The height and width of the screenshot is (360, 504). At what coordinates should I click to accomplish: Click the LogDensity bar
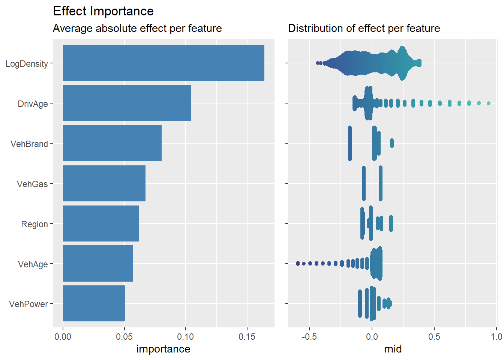163,63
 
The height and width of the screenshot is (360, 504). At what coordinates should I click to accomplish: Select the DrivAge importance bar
127,103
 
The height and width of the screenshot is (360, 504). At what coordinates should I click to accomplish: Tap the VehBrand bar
112,143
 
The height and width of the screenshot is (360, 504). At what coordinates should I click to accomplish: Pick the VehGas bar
104,183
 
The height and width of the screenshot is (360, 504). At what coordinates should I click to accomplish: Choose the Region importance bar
100,223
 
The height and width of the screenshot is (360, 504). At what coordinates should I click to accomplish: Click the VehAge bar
98,264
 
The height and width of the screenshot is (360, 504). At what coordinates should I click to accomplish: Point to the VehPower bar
94,304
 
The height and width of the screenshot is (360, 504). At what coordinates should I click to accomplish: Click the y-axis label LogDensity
27,64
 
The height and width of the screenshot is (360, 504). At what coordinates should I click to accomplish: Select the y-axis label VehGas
32,184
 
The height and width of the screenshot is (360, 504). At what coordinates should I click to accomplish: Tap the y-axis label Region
34,224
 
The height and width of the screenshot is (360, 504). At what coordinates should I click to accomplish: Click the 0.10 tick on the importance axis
185,336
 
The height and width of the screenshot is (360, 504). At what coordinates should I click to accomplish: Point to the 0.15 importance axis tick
247,336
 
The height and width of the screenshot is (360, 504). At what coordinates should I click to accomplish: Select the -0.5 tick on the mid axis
309,336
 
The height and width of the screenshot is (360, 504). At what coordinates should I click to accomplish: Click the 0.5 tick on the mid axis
434,336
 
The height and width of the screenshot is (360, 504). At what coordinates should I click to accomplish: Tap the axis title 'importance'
163,349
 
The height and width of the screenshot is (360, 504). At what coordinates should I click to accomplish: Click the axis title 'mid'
393,349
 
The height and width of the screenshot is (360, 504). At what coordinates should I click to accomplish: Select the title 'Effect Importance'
103,11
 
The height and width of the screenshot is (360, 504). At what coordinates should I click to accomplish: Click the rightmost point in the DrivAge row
488,103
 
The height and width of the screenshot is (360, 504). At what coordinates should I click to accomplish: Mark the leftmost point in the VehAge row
297,264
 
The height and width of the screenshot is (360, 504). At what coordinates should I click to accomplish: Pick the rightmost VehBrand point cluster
392,143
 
